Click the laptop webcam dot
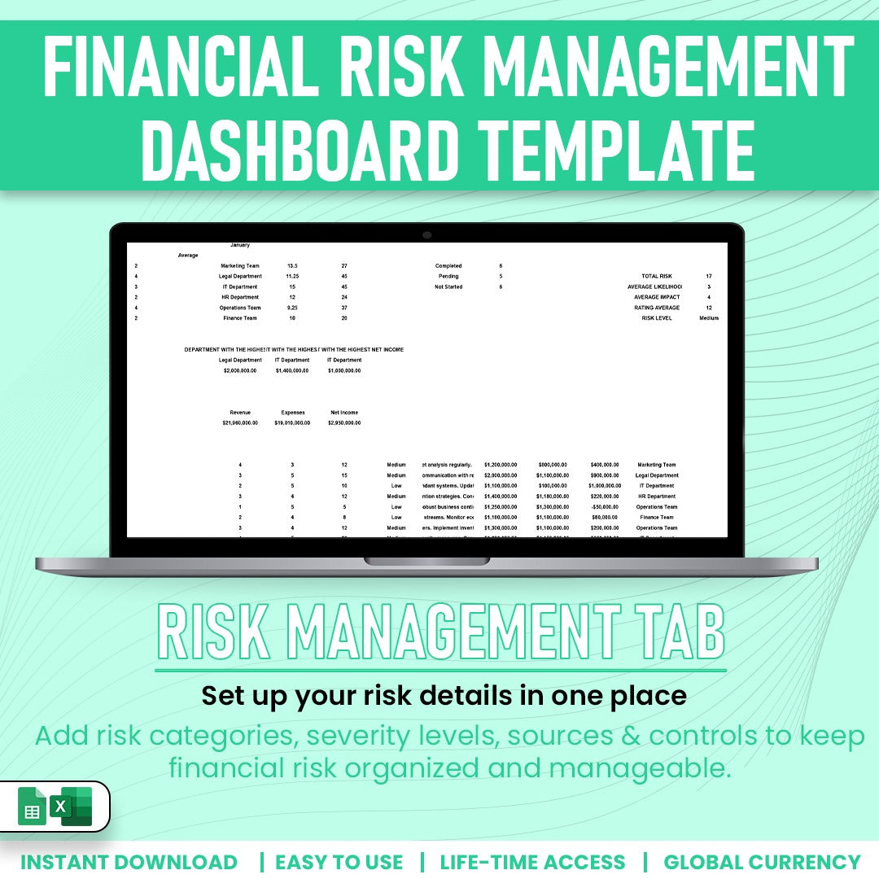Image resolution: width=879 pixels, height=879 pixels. [x=426, y=235]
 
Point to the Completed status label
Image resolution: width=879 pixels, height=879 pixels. [x=448, y=266]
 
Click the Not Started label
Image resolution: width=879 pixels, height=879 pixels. [x=448, y=286]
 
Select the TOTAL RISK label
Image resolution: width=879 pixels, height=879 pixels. [x=661, y=277]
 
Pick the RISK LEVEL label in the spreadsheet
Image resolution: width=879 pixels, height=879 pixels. [x=661, y=318]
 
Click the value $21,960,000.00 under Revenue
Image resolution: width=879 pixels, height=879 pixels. [x=240, y=423]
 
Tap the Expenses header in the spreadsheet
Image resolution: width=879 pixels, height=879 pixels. [x=292, y=413]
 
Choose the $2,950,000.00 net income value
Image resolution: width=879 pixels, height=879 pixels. [x=344, y=423]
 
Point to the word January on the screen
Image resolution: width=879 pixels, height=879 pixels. [x=240, y=245]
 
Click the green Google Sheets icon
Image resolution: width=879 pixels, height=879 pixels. [x=33, y=806]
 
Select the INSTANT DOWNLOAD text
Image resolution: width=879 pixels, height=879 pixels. [x=129, y=862]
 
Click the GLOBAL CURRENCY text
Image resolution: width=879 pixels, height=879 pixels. [x=762, y=862]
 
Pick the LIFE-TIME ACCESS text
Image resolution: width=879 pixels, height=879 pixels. [x=533, y=862]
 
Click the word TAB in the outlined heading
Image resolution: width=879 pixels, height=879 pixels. [x=676, y=632]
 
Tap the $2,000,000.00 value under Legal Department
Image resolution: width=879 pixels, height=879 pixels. [x=240, y=370]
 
